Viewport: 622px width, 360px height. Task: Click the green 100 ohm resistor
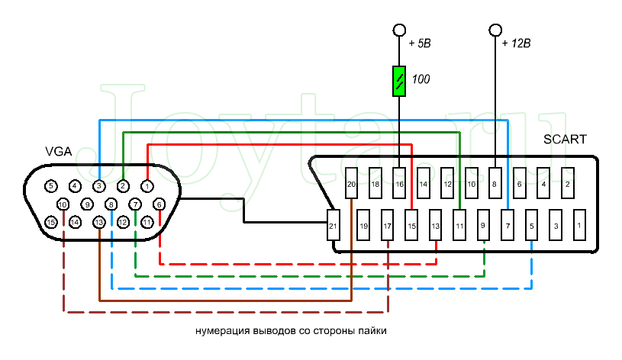click(x=399, y=81)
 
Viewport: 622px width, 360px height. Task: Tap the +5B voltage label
click(x=421, y=43)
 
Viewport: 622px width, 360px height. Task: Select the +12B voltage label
click(x=517, y=43)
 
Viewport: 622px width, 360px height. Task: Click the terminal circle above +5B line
click(x=399, y=30)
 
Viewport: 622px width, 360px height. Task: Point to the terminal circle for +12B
click(x=495, y=30)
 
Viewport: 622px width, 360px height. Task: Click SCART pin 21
click(x=333, y=226)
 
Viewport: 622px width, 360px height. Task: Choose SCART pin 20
click(x=352, y=184)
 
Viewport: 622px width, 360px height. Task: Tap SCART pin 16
click(x=400, y=184)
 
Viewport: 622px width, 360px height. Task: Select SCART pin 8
click(x=495, y=184)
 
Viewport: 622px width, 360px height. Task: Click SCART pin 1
click(x=579, y=226)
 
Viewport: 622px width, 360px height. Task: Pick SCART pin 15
click(x=411, y=226)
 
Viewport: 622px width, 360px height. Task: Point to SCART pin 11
click(x=459, y=226)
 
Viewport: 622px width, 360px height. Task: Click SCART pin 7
click(x=508, y=226)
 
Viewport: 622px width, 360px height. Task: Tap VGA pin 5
click(x=51, y=185)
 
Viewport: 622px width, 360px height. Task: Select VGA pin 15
click(x=51, y=222)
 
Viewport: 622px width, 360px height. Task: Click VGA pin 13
click(x=99, y=222)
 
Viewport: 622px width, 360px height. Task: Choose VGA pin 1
click(x=147, y=185)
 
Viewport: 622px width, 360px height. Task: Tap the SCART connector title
click(x=565, y=140)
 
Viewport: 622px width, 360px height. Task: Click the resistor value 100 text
click(x=421, y=79)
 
